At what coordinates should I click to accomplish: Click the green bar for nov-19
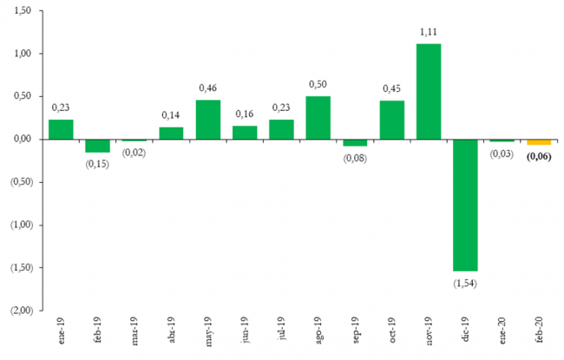[429, 91]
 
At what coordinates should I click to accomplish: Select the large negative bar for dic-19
[465, 205]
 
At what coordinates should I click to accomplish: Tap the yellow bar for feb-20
[539, 141]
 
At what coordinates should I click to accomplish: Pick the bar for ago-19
[318, 117]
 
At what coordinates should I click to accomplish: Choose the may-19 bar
[208, 119]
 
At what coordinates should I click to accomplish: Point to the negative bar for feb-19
[97, 146]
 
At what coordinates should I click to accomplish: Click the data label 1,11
[429, 32]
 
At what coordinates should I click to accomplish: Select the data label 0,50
[318, 84]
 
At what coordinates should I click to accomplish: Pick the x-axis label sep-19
[355, 334]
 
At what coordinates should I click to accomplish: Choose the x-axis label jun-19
[245, 334]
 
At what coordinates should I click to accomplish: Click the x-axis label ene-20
[502, 334]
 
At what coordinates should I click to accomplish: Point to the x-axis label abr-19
[171, 334]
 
